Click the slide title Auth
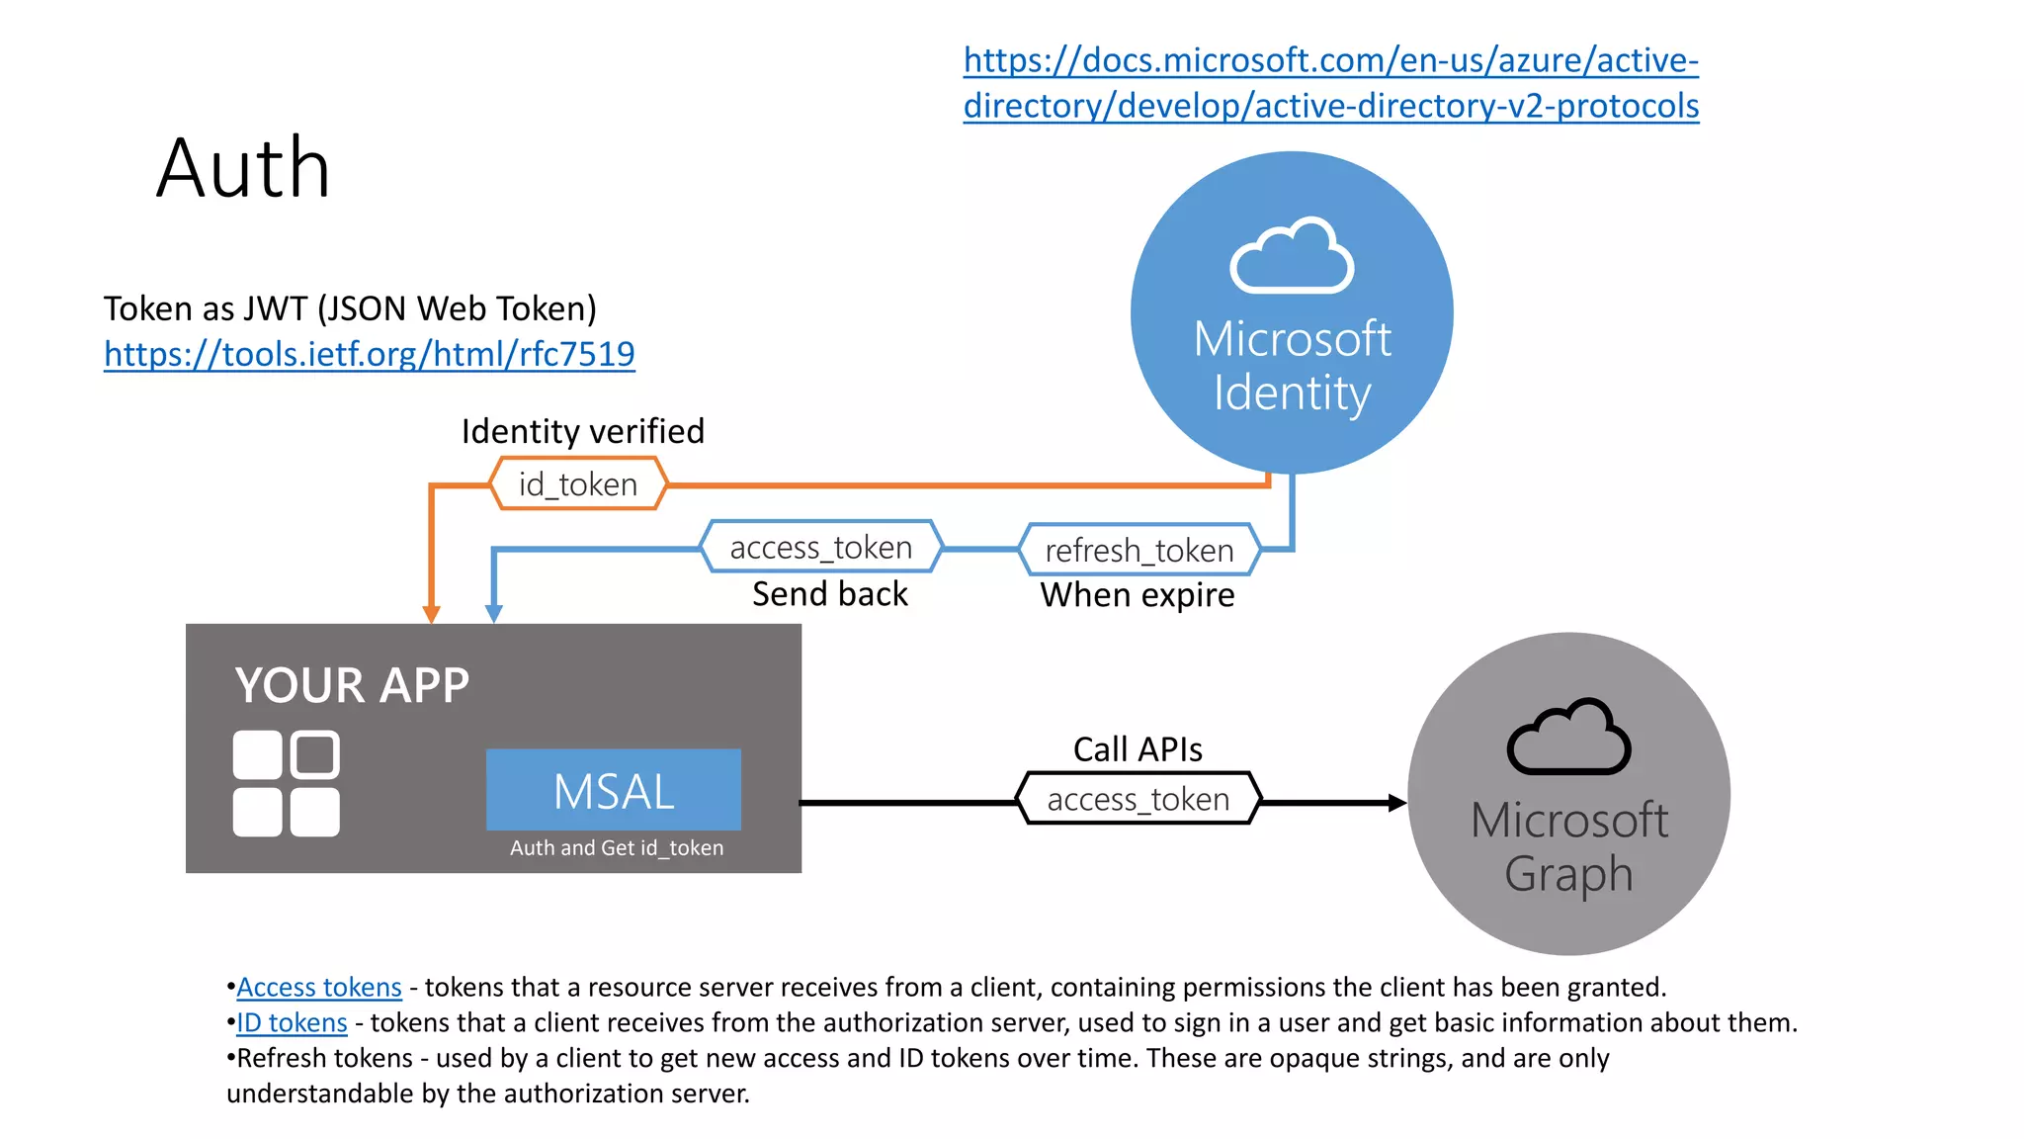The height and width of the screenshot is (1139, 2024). click(243, 169)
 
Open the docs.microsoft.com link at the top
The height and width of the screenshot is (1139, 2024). click(1330, 83)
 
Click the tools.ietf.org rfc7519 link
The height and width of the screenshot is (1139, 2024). click(369, 354)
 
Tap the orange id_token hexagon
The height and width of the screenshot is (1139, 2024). click(578, 484)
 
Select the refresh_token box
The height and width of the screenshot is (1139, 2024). click(1139, 550)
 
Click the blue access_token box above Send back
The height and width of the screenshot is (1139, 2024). click(820, 547)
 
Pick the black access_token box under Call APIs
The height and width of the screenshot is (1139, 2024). click(1138, 799)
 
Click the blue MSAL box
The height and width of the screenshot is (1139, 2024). click(614, 790)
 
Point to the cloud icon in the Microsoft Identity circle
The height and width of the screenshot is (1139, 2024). click(1292, 257)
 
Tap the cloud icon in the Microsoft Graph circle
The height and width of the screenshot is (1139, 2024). click(1568, 739)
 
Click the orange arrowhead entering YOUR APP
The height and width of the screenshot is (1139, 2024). click(431, 614)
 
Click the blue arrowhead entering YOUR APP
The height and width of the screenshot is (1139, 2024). click(494, 614)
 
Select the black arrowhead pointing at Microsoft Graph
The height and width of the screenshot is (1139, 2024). click(1396, 803)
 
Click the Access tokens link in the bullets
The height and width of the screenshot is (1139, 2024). click(319, 987)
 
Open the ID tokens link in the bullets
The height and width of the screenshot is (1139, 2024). click(293, 1022)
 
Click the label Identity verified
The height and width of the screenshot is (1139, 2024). click(583, 431)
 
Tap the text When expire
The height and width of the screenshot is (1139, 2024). click(1138, 595)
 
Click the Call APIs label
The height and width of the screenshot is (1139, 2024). click(1138, 749)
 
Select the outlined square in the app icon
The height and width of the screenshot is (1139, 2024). click(315, 754)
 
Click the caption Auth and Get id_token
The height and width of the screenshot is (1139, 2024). click(616, 848)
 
